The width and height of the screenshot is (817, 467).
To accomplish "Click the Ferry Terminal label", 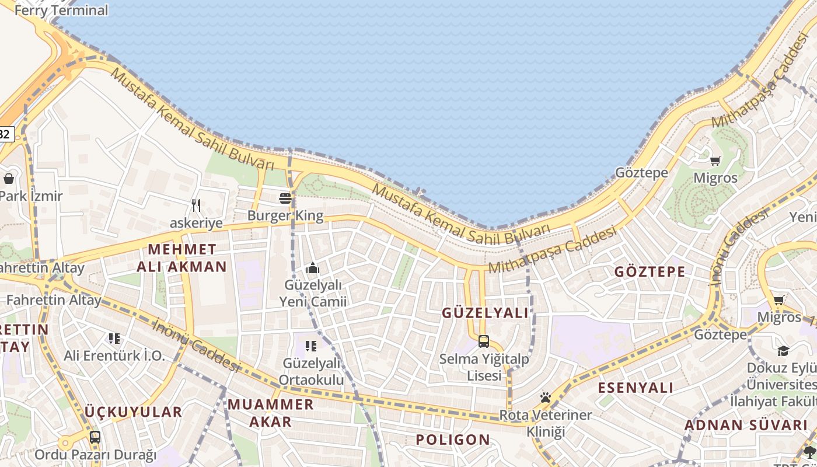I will coord(61,10).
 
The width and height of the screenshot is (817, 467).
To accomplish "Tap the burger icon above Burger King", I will coord(285,198).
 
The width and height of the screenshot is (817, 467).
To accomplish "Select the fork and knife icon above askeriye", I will coord(196,205).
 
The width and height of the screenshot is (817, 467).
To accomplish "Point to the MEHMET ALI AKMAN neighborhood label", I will coord(181,258).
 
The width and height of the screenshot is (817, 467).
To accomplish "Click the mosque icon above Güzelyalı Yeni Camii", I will coord(313,269).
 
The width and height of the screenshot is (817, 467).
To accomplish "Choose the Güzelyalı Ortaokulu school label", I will coord(311,371).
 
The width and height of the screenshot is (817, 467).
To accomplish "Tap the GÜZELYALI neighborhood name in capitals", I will coord(485,313).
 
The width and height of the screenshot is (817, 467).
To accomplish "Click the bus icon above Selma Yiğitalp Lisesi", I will coord(483,341).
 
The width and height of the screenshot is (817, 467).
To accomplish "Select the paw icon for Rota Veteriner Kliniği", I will coord(545,398).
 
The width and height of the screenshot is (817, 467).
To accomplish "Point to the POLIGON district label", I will coord(453,440).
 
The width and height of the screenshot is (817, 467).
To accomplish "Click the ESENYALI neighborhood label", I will coord(636,388).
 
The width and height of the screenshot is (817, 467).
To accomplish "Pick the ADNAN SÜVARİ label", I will coord(745,425).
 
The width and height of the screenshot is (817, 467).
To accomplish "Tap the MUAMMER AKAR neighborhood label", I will coord(270,412).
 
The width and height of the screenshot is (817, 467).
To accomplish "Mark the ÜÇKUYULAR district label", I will coord(134,412).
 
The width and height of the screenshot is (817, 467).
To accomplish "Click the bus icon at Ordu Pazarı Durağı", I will coord(95,437).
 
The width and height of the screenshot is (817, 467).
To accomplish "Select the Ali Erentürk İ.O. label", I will coord(114,356).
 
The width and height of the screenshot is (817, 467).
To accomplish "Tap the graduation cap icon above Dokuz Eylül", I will coord(783,351).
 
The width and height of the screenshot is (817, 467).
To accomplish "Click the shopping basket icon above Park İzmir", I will coord(9,179).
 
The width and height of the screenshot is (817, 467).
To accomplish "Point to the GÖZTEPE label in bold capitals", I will coord(650,272).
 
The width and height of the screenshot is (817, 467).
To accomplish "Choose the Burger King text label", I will coord(285,215).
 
